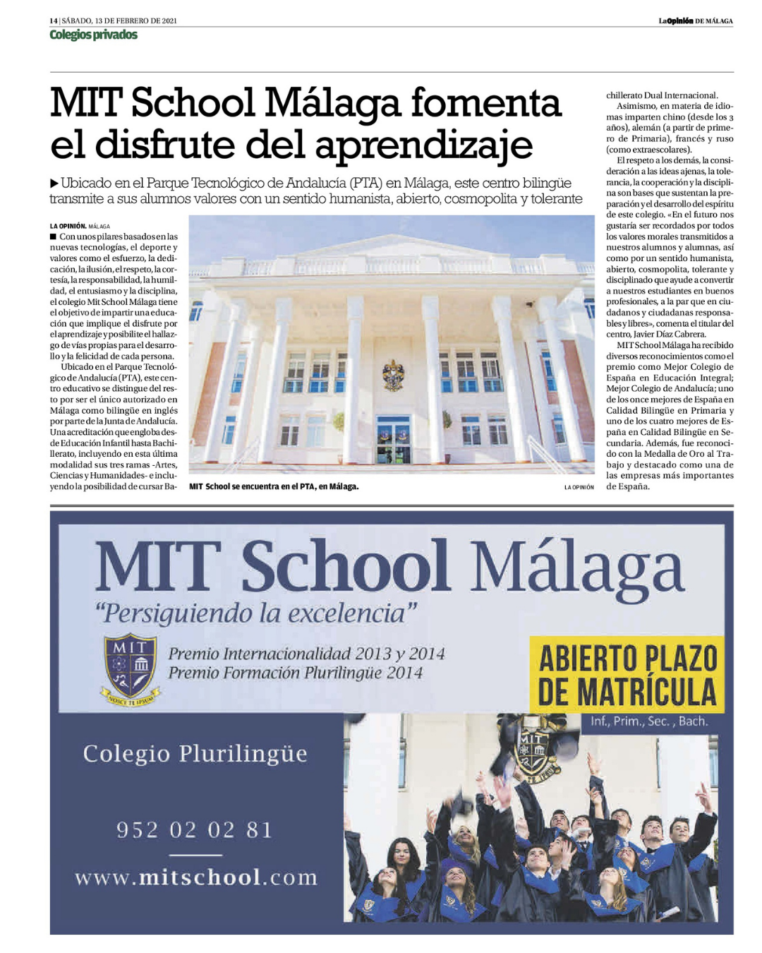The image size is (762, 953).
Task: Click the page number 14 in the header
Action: point(53,20)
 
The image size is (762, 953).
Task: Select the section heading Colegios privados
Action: point(93,35)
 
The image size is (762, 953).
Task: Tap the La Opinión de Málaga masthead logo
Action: point(695,20)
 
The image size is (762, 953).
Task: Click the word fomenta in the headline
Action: point(485,103)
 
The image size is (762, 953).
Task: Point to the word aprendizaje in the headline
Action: point(424,145)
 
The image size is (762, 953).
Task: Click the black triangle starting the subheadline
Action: point(54,184)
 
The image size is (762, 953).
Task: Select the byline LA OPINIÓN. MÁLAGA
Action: point(80,226)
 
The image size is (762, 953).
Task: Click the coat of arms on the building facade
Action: point(392,374)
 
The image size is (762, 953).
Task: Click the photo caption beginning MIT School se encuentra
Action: point(274,486)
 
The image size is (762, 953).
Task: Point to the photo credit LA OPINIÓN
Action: point(579,487)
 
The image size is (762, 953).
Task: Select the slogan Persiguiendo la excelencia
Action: point(255,612)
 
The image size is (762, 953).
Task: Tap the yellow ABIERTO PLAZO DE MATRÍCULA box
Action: point(627,675)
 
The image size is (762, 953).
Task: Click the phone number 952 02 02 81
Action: point(195,829)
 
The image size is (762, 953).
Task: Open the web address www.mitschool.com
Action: point(196,877)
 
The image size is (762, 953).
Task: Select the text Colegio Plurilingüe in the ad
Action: point(195,753)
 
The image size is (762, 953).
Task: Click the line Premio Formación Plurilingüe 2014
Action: point(295,673)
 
